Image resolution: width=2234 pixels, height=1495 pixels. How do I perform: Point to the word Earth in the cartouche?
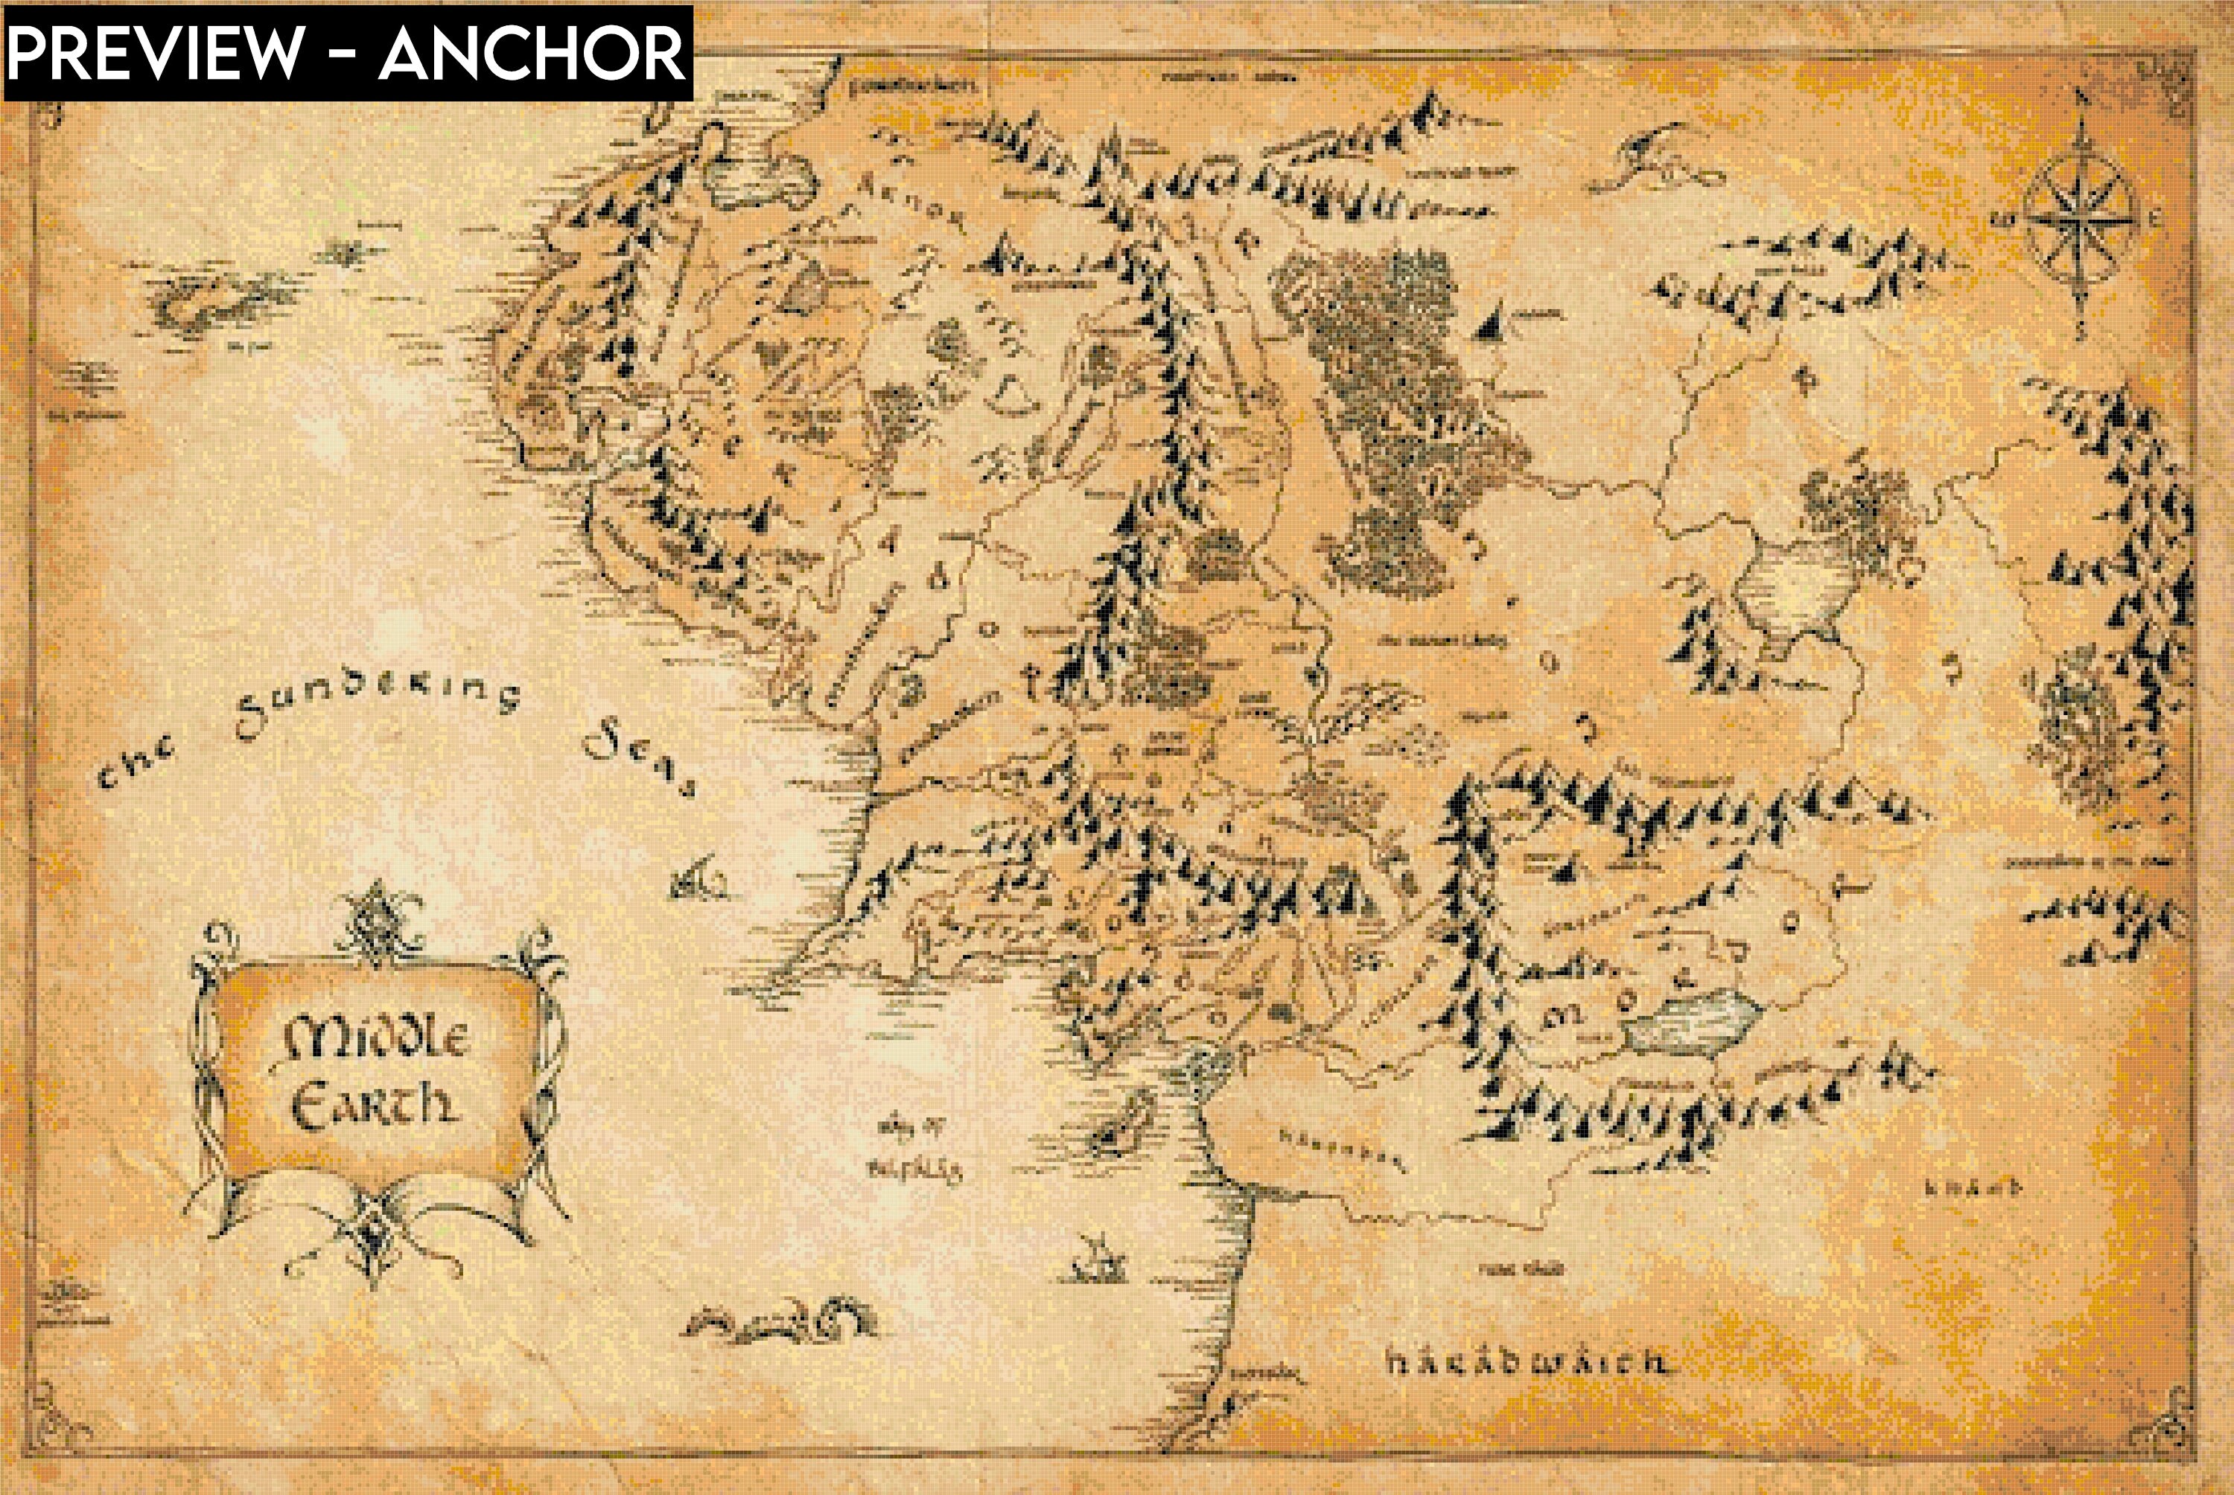374,1106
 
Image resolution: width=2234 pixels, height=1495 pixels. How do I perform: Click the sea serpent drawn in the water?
781,1321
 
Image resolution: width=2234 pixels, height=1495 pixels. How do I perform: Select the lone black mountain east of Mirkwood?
1494,324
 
